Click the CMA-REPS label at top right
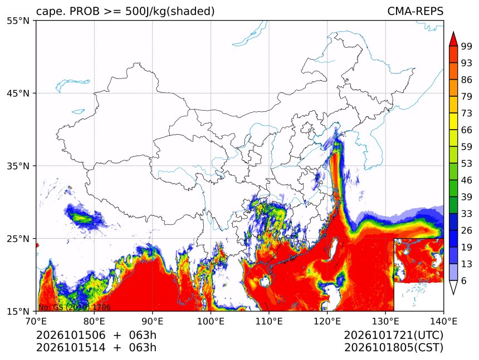(x=415, y=11)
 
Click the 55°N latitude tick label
(x=18, y=21)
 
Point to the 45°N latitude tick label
(x=18, y=93)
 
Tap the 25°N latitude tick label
(x=18, y=239)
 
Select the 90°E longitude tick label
(x=153, y=322)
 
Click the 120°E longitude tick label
(x=327, y=322)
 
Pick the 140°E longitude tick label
(x=443, y=322)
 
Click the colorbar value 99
(x=467, y=46)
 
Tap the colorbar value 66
(x=467, y=130)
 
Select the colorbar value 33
(x=467, y=214)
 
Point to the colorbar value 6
(x=464, y=281)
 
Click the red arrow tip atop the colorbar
(x=453, y=32)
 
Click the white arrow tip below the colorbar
(x=453, y=294)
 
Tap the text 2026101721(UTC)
(x=393, y=335)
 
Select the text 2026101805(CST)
(x=393, y=348)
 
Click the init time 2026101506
(x=71, y=335)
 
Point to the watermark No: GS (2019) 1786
(x=75, y=307)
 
